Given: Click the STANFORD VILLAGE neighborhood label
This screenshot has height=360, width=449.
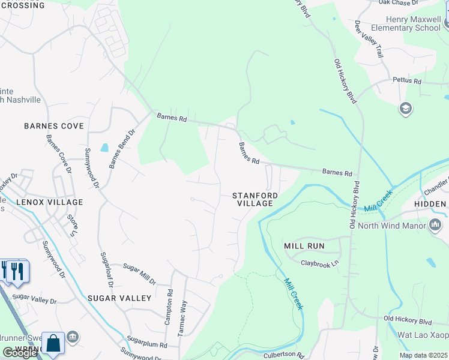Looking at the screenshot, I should (255, 200).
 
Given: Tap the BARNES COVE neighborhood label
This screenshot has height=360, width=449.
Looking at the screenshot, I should (53, 126).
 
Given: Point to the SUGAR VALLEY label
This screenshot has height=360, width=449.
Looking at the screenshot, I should (119, 298).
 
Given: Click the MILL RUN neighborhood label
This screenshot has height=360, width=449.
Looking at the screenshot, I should (304, 246).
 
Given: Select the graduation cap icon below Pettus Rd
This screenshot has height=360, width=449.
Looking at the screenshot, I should (405, 109).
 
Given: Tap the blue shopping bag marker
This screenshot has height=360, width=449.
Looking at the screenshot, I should (53, 344).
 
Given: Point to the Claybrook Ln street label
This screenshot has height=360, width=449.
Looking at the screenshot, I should (320, 263).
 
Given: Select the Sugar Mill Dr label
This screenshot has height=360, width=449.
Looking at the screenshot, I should (139, 274).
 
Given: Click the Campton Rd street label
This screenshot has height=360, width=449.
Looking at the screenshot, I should (169, 308).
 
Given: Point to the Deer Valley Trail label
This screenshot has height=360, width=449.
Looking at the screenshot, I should (368, 39).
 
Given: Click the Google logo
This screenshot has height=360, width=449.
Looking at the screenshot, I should (20, 353).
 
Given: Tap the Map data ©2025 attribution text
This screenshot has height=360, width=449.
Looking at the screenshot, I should (423, 355).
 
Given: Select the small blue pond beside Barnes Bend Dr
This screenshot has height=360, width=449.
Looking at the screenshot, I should (105, 148).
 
